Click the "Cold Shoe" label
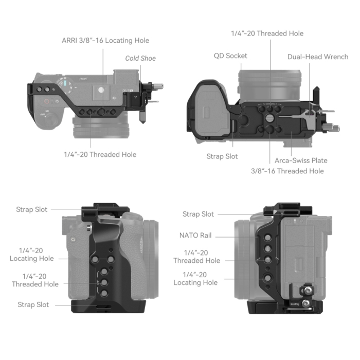tap(140, 58)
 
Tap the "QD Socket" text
tap(230, 56)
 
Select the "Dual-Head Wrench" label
tap(317, 57)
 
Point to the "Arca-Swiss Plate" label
tap(301, 160)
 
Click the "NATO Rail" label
tap(195, 235)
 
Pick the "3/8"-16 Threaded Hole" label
tap(287, 171)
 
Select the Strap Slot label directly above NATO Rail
tap(198, 214)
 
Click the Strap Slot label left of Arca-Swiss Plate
tap(222, 156)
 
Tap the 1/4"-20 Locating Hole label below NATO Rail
tap(195, 278)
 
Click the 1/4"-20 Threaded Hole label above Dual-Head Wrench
tap(267, 33)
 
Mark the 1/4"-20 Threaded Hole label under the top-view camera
tap(100, 154)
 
